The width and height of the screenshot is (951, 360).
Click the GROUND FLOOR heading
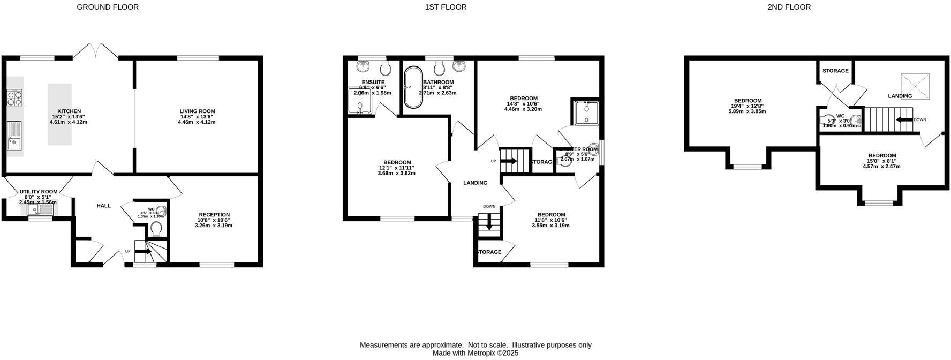tap(108, 7)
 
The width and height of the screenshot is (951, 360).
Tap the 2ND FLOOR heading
tap(789, 7)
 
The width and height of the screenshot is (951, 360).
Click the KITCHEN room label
tap(69, 111)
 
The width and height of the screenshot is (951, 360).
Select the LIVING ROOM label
tap(197, 111)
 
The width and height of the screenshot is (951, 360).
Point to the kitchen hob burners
tap(14, 99)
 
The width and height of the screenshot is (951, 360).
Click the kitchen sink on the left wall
tap(14, 137)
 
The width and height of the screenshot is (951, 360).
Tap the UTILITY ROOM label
tap(38, 192)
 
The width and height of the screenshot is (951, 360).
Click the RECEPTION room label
tap(214, 215)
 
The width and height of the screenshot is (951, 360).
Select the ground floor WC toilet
tap(156, 229)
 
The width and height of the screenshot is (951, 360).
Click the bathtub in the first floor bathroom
tap(412, 87)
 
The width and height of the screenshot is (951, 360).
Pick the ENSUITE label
tap(373, 82)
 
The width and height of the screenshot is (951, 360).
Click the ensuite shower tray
tap(360, 101)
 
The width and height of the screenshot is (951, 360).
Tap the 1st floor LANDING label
tap(475, 183)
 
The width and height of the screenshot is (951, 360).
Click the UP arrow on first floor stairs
tap(508, 161)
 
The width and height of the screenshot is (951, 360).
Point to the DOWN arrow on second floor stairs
tap(905, 119)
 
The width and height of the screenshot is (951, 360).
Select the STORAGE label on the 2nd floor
tap(835, 71)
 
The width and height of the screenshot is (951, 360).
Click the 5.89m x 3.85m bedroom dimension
tap(748, 111)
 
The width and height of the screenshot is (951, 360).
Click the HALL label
tap(103, 206)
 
